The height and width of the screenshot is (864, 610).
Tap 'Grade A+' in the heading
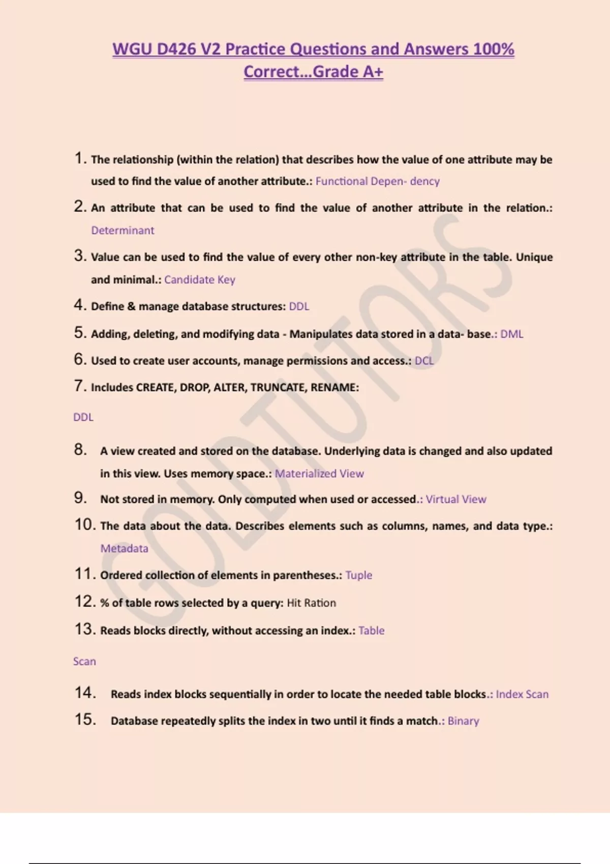pos(348,72)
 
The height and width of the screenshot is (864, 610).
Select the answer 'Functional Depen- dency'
pos(377,181)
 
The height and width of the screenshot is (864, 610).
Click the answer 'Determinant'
pos(123,230)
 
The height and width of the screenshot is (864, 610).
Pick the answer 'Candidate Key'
pos(199,280)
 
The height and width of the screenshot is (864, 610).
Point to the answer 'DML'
pos(511,334)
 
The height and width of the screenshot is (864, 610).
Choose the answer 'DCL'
pos(424,361)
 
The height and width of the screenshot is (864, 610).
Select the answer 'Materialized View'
pos(319,474)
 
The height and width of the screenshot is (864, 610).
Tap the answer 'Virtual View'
pos(455,499)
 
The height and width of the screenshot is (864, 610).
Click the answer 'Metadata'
pos(124,548)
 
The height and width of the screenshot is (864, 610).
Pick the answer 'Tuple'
pos(358,575)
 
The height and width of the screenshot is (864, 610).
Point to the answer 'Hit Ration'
pos(311,603)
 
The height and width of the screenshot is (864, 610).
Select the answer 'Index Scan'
pos(522,694)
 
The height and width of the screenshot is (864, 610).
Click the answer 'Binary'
pos(463,721)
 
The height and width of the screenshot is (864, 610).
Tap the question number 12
pos(85,601)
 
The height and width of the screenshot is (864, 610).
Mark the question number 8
pos(80,449)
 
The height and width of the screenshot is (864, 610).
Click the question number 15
pos(85,719)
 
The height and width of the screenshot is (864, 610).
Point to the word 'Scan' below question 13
pos(84,661)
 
